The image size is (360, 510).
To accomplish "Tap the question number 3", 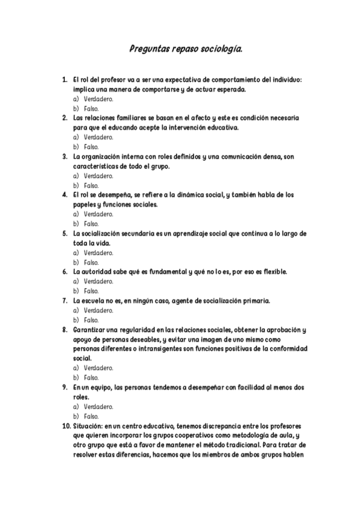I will pyautogui.click(x=65, y=156).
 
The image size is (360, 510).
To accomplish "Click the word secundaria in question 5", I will pyautogui.click(x=132, y=233).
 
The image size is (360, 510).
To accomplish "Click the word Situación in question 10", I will pyautogui.click(x=87, y=426).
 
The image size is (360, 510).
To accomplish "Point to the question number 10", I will pyautogui.click(x=66, y=426).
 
